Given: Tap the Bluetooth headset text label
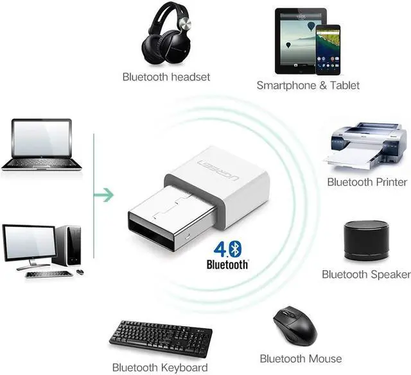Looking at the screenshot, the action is point(166,77).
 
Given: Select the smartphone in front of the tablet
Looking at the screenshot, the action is point(328,50).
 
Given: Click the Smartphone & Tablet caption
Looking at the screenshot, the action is point(308,86).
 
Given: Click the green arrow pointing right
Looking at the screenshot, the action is point(104,195).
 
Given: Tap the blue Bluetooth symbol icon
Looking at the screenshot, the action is point(235,249).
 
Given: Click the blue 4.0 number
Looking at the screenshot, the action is point(222,249).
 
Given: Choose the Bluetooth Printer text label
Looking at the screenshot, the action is point(367,182).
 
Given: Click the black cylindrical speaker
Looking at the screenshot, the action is point(366,241).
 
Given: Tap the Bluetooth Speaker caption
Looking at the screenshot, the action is point(366,275).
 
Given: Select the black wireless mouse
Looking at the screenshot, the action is point(295,326).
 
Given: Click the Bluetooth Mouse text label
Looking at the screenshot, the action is point(301,359).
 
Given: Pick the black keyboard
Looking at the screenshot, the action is point(161,339).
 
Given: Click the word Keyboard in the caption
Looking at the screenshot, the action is point(184,368).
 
